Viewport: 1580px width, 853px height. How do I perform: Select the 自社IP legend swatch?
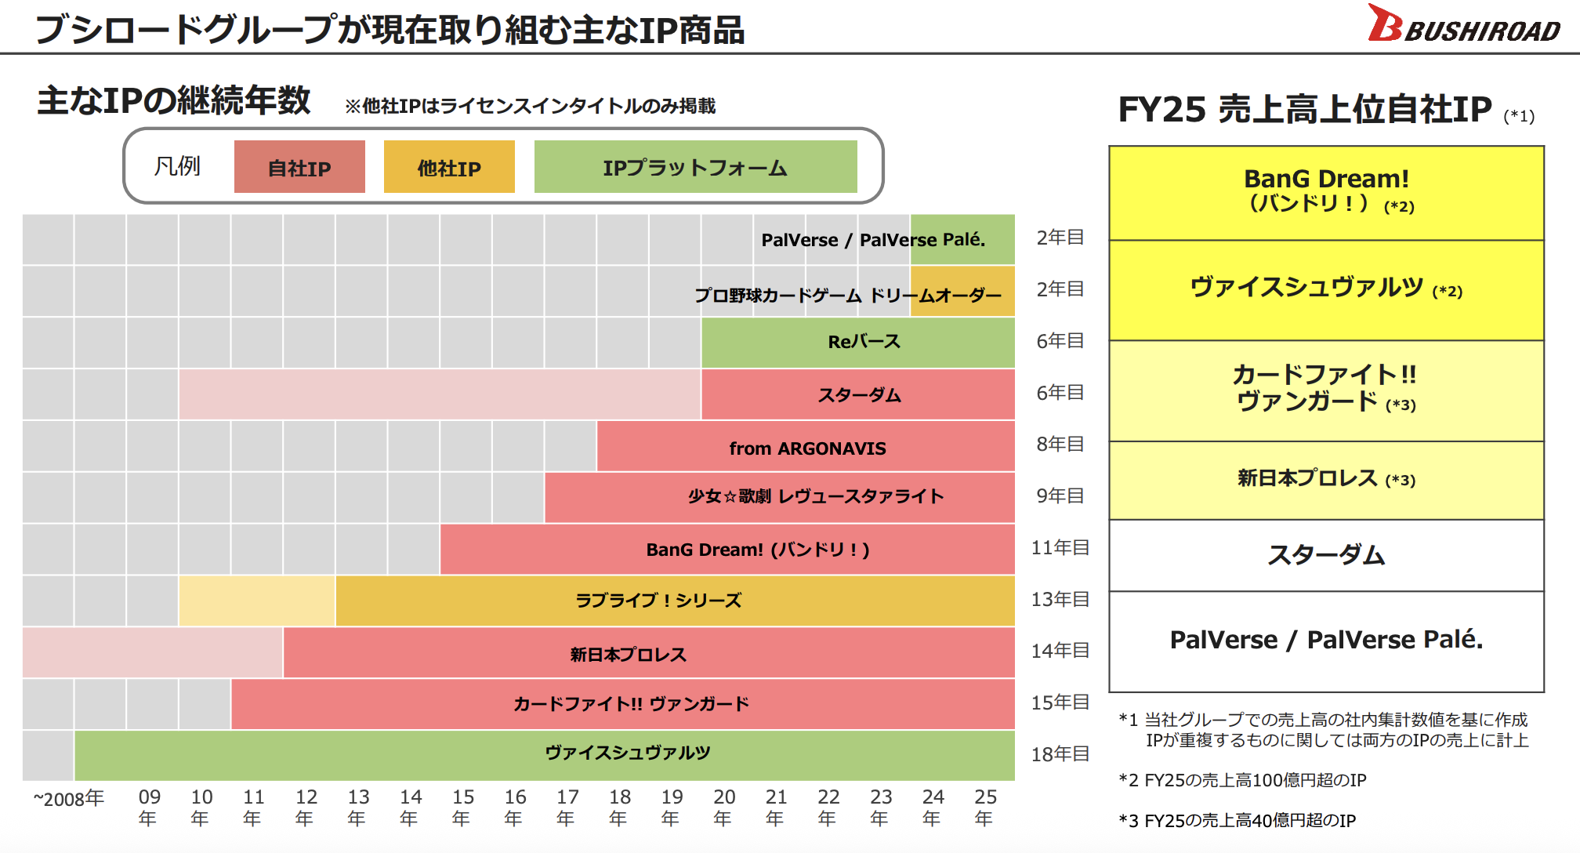[299, 167]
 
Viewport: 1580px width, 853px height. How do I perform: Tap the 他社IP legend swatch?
[449, 167]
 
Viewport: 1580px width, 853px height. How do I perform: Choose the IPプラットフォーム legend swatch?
[695, 167]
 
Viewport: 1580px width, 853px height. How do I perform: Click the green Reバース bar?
[857, 342]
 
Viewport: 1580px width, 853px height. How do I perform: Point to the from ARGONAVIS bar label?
[807, 448]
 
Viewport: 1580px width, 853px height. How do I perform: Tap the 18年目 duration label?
[1060, 754]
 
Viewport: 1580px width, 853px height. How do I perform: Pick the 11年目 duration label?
[1060, 547]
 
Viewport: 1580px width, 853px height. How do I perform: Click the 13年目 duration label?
[1060, 599]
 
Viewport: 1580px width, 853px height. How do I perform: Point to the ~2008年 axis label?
[69, 799]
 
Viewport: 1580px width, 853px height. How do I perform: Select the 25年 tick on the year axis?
[985, 808]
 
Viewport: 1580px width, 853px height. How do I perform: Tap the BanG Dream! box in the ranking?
[1326, 191]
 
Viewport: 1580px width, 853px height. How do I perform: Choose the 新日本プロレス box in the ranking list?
[1326, 479]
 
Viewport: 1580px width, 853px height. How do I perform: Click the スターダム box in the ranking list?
[1326, 555]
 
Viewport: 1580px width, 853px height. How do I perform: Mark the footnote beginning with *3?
[1238, 821]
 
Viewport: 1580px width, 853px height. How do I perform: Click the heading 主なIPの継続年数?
[174, 101]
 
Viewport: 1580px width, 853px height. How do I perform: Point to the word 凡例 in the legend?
[177, 166]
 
